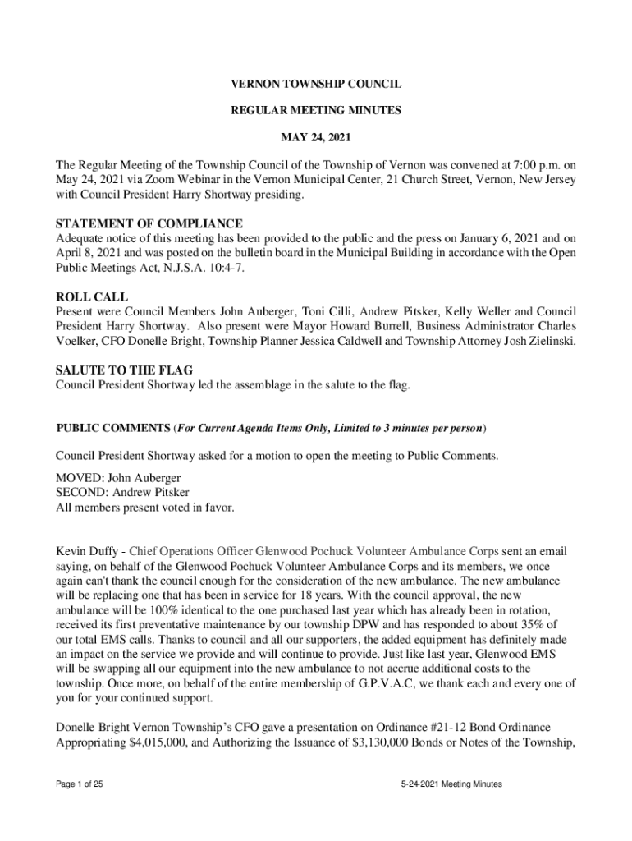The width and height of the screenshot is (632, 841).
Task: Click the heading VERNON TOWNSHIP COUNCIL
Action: click(x=315, y=85)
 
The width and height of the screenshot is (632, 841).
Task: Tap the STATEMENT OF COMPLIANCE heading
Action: click(x=149, y=223)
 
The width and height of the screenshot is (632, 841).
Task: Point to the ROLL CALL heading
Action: click(x=91, y=297)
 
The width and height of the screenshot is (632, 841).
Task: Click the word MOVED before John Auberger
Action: click(x=76, y=478)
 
